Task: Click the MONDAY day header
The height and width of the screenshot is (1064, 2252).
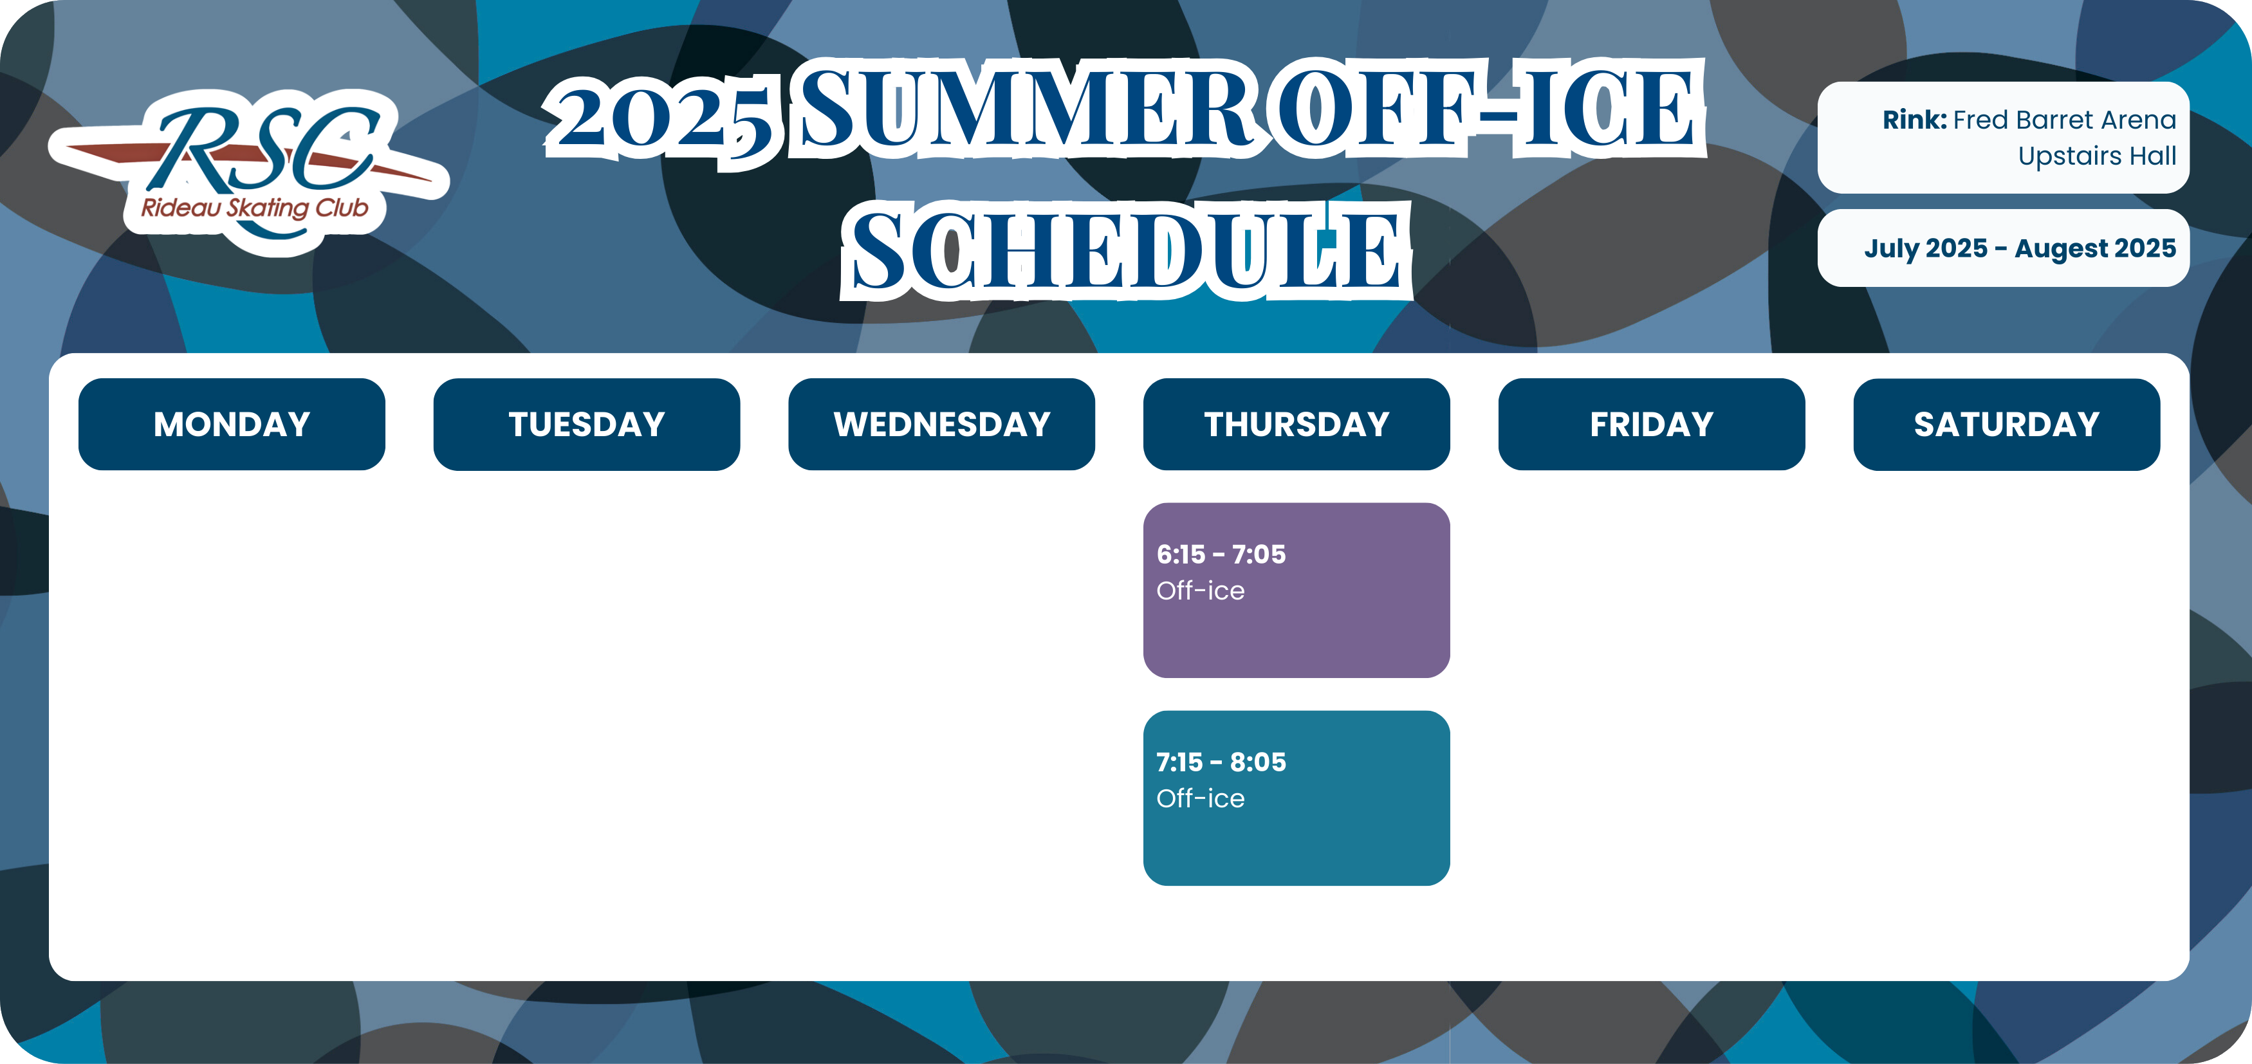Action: (232, 424)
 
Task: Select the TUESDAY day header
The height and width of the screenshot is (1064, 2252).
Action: (587, 424)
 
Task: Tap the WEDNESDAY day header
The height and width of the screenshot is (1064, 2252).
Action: (941, 424)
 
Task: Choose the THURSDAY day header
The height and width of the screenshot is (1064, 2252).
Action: (1297, 424)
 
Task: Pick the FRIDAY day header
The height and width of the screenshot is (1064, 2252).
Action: (1652, 424)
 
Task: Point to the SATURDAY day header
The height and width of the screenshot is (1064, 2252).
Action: (2006, 424)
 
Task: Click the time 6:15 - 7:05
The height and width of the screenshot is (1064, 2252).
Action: (1221, 555)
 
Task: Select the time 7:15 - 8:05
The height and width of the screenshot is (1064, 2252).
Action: (1221, 762)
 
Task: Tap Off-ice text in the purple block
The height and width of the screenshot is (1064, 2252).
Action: (1200, 591)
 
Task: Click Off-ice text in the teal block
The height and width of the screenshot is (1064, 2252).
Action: (1200, 798)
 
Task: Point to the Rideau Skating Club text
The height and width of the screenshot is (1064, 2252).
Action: (254, 208)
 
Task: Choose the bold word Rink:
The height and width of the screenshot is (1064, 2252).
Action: (1915, 120)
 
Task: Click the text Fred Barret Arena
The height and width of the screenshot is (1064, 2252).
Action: (2064, 120)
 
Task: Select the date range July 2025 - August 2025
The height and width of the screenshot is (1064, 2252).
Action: (2020, 248)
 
